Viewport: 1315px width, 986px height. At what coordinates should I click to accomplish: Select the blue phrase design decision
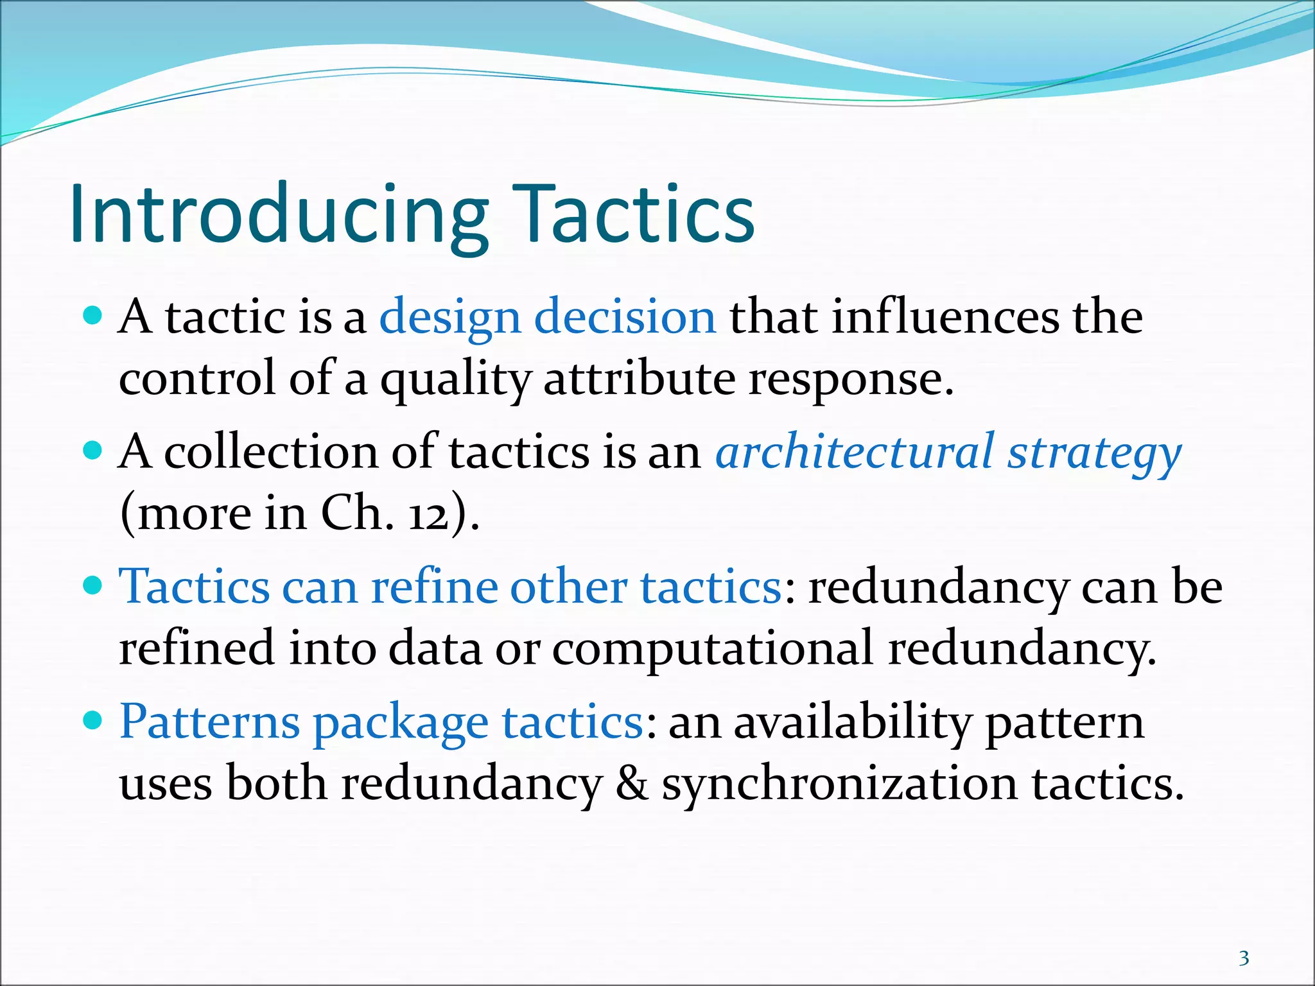coord(548,318)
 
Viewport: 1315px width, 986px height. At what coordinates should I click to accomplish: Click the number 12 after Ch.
coord(429,515)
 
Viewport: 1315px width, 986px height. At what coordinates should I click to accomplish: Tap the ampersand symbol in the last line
coord(632,784)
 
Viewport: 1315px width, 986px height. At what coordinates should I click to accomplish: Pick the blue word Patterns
coord(209,722)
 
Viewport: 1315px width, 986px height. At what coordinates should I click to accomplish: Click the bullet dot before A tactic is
coord(94,315)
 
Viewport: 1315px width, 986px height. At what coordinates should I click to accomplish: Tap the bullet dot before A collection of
coord(94,450)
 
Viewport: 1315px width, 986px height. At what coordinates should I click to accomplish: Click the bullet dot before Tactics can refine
coord(94,585)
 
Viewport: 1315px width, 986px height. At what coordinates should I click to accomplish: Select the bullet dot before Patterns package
coord(94,720)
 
